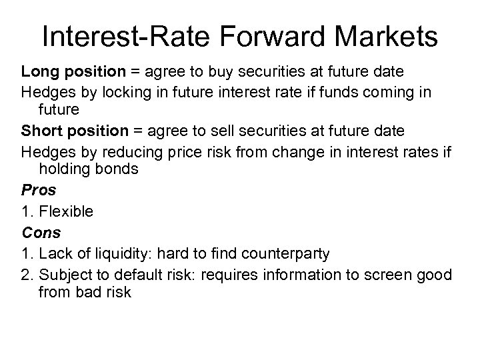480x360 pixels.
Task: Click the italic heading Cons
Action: (41, 233)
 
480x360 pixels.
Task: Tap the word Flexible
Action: (66, 211)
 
